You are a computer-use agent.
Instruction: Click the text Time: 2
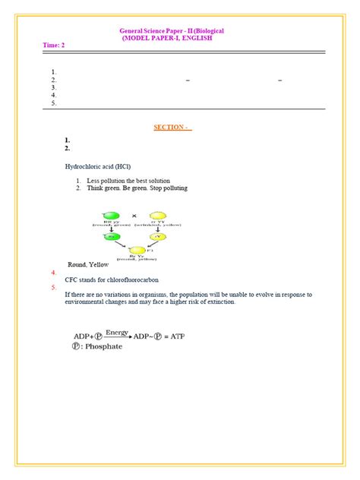tap(53, 45)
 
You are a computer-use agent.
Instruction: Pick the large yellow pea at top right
tap(157, 218)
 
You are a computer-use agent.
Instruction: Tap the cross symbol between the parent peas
tap(134, 215)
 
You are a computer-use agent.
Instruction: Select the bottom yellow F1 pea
tap(137, 250)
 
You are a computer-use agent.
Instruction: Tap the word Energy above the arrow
tap(117, 332)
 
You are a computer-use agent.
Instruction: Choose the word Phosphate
tap(104, 347)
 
